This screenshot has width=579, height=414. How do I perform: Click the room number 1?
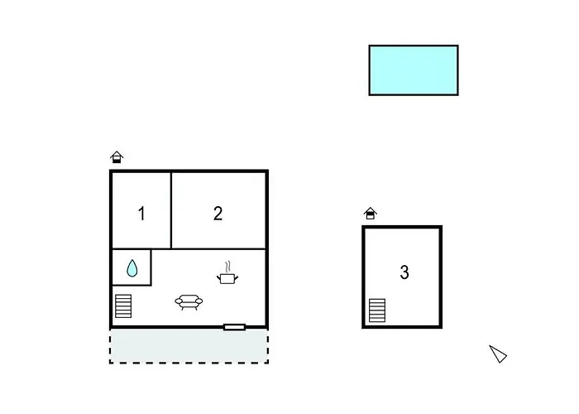[x=141, y=214]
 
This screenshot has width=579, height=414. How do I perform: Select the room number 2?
[x=218, y=214]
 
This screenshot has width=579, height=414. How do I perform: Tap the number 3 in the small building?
[x=404, y=272]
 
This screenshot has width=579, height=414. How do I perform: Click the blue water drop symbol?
[x=132, y=268]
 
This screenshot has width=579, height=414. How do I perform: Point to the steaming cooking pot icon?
[x=227, y=273]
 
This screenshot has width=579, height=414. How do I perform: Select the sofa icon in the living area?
[x=189, y=302]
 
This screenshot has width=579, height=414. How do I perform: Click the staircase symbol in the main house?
[x=123, y=306]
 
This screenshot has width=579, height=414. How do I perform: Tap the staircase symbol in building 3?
[x=377, y=310]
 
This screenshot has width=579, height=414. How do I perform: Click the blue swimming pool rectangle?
[x=414, y=70]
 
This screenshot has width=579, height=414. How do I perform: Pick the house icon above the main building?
[x=117, y=157]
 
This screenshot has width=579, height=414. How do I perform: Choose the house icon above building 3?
[x=370, y=214]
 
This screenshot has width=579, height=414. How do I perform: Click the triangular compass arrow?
[x=498, y=354]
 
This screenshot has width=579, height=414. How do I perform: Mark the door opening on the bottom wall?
[x=234, y=327]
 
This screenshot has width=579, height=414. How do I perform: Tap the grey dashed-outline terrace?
[x=189, y=346]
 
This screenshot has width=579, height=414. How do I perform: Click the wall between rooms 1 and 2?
[x=171, y=210]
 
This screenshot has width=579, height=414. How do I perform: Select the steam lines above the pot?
[x=228, y=267]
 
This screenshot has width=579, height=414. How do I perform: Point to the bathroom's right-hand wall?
[x=151, y=267]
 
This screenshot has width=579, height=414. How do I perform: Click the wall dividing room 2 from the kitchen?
[x=218, y=248]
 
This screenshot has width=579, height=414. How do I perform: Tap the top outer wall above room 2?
[x=218, y=171]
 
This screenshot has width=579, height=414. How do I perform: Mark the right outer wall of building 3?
[x=441, y=277]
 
